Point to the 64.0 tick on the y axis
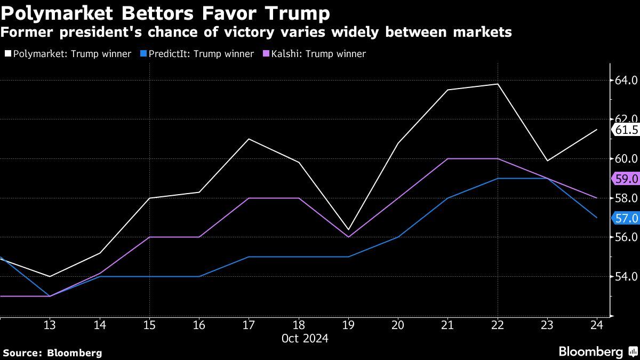click(x=626, y=81)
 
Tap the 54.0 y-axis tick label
click(x=626, y=276)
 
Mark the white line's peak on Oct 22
click(x=498, y=84)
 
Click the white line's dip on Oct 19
click(x=348, y=230)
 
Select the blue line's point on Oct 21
click(x=448, y=198)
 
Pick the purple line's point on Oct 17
click(x=249, y=198)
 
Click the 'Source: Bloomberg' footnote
click(x=52, y=353)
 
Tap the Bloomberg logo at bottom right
click(x=597, y=352)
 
